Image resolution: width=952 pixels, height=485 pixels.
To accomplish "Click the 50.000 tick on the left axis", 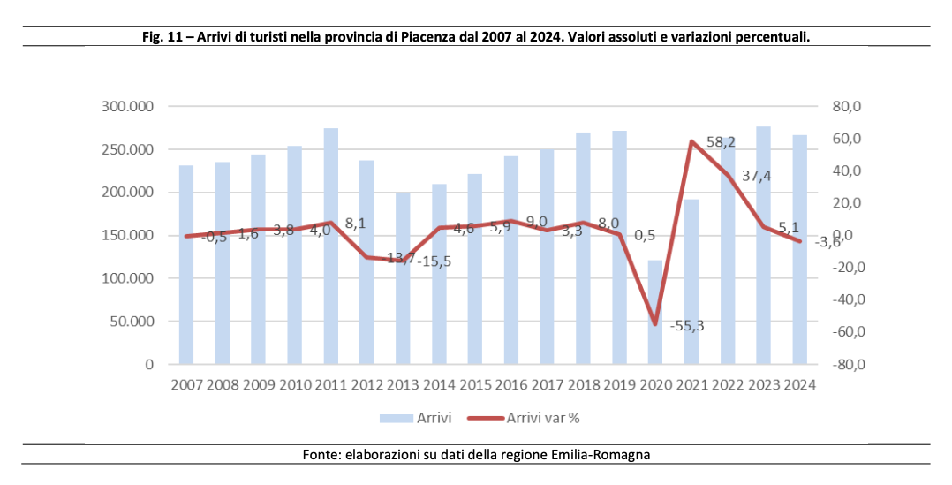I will coord(126,322).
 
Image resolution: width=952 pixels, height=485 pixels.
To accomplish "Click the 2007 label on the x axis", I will coord(185,385).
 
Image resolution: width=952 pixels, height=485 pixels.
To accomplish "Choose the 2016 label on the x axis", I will coord(510,385).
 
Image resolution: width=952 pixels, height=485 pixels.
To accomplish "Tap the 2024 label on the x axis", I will coord(798,385).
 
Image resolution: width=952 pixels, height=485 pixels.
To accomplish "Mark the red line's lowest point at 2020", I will coord(654,324).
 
